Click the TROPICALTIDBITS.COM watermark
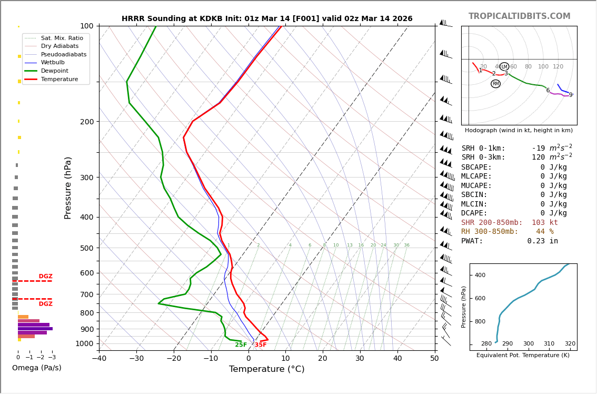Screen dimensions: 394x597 [x=519, y=16]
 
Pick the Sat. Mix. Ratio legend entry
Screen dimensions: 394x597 [x=62, y=38]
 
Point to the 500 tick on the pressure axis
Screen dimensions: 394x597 [x=86, y=248]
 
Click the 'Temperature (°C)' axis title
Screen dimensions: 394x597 [x=266, y=369]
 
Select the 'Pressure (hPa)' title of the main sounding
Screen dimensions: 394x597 [x=68, y=188]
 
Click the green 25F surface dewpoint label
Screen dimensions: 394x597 [x=241, y=345]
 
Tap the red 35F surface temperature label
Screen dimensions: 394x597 [x=261, y=345]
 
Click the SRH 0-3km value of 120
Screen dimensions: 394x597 [x=538, y=157]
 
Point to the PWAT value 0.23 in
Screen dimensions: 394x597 [x=542, y=241]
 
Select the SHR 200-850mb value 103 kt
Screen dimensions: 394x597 [x=544, y=223]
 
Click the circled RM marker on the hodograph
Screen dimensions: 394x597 [x=495, y=84]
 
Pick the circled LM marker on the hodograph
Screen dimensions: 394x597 [x=504, y=67]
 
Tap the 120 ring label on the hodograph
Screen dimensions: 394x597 [x=558, y=67]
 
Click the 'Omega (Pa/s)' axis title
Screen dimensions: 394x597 [x=36, y=368]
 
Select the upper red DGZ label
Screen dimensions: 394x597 [x=45, y=277]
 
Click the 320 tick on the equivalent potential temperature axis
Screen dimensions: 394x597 [x=570, y=344]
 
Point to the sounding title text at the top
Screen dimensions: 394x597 [x=267, y=19]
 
